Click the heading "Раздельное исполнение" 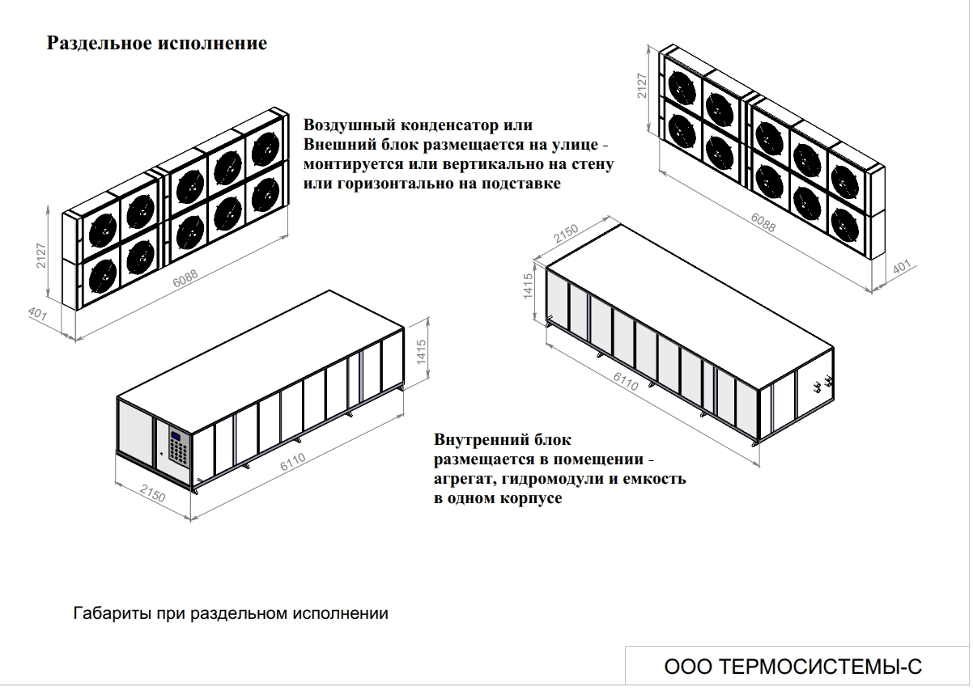click(x=156, y=43)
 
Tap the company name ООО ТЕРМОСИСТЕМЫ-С click(x=792, y=667)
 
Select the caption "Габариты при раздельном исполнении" click(x=231, y=613)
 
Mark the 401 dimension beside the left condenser click(x=37, y=315)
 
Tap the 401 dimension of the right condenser click(x=901, y=269)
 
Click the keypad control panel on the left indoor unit click(x=177, y=447)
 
